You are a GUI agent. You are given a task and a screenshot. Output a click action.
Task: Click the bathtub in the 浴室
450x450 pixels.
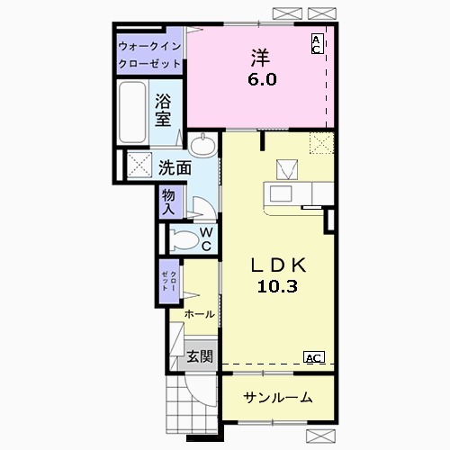(132, 112)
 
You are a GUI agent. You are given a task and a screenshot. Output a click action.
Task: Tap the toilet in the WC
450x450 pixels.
(184, 239)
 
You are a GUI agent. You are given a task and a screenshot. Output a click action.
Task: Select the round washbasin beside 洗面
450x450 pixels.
(203, 145)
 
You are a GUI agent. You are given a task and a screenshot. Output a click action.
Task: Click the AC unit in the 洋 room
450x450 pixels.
(318, 44)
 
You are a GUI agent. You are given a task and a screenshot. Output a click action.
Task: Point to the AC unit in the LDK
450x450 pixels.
(314, 357)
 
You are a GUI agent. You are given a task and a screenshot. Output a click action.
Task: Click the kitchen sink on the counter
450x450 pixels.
(281, 193)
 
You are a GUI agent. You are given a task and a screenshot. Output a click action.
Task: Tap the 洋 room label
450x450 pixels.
(260, 58)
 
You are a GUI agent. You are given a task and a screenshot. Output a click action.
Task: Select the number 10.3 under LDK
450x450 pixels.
(277, 286)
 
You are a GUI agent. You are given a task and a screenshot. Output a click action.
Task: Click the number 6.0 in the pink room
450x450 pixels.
(262, 80)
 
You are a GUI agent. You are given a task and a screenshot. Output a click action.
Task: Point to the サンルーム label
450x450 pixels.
(278, 398)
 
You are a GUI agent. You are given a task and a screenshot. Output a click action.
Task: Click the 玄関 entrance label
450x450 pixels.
(200, 356)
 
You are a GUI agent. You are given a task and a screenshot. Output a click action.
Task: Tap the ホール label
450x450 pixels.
(200, 314)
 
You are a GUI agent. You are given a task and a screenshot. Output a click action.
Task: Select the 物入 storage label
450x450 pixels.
(168, 202)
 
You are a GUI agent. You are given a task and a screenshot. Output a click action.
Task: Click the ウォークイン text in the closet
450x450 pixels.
(149, 47)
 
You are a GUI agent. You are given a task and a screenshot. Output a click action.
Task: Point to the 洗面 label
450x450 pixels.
(175, 167)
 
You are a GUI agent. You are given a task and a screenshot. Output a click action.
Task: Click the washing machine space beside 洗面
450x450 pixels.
(139, 165)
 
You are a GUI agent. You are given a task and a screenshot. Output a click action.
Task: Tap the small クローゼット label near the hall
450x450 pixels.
(169, 281)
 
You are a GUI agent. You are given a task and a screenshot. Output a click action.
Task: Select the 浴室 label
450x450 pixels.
(163, 110)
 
